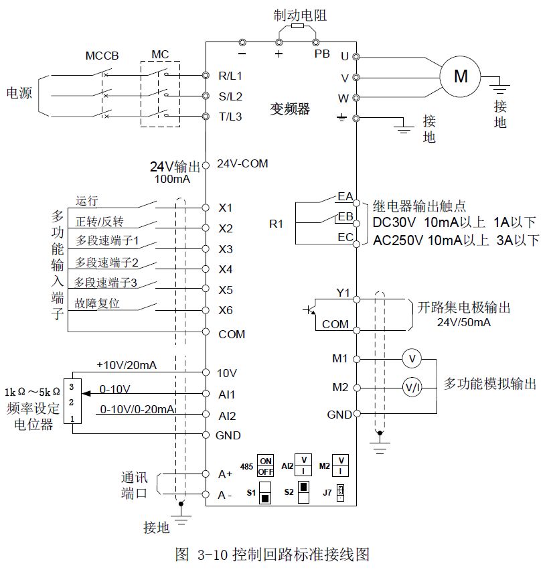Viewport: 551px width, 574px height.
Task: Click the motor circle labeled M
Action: click(461, 76)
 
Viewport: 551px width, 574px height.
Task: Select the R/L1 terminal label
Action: click(230, 75)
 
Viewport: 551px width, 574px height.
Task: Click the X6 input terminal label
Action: click(226, 310)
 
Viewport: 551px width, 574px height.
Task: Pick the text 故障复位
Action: click(97, 303)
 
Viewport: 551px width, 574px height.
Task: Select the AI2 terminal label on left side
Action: click(228, 415)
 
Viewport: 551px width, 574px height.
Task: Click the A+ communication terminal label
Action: click(226, 474)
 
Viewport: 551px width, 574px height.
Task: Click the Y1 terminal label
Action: click(343, 292)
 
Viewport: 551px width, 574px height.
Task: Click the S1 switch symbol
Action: click(266, 492)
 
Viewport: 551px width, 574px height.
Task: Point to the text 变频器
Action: click(290, 109)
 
